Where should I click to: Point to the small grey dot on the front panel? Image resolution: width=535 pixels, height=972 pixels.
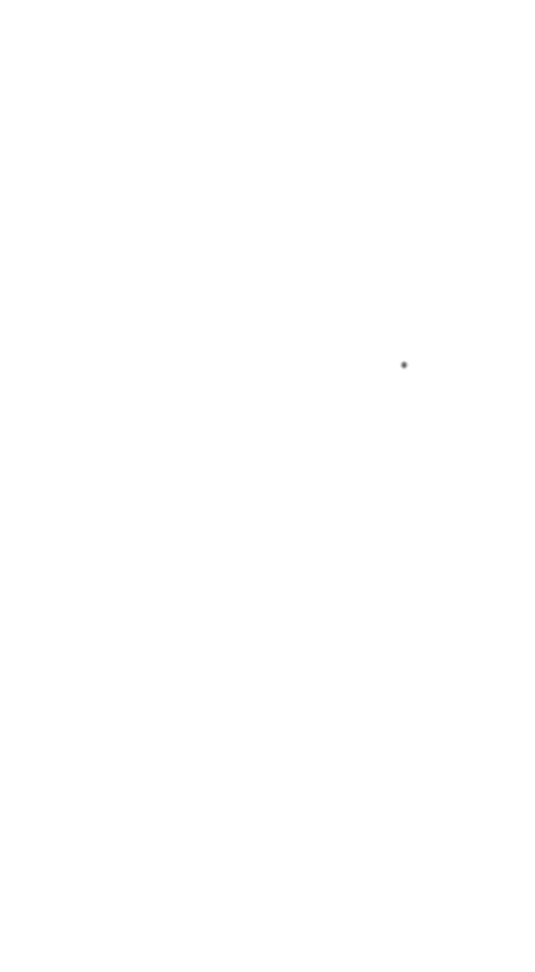point(404,365)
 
